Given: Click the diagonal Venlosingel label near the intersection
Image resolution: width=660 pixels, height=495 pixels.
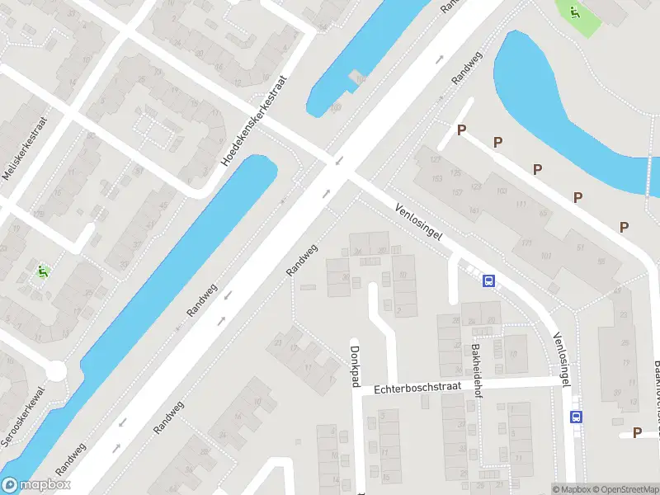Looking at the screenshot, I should tap(419, 222).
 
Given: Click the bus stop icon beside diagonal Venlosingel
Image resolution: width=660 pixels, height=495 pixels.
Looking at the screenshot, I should tap(488, 280).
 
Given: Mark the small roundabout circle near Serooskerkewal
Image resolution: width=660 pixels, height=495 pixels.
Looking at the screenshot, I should tap(56, 372).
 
